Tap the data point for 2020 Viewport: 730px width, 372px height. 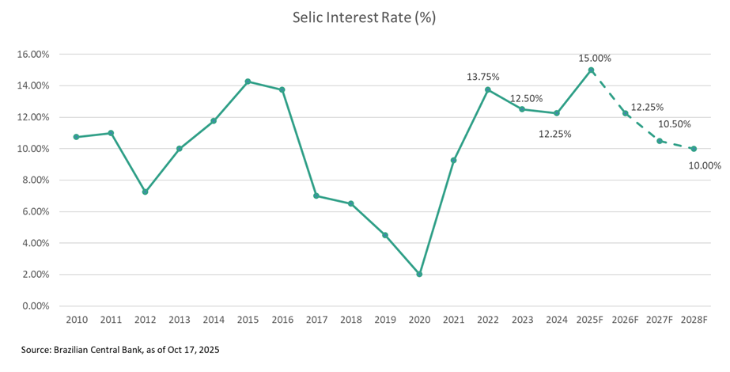[x=419, y=275]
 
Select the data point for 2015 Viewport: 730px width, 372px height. [x=248, y=82]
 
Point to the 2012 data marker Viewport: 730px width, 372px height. [x=146, y=192]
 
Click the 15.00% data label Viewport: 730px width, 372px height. [x=595, y=59]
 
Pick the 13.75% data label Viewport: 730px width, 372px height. [x=484, y=77]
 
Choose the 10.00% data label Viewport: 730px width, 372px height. [x=705, y=165]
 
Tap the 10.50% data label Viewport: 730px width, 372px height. [x=675, y=123]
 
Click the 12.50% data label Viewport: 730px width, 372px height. [x=526, y=99]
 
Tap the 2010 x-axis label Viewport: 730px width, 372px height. [x=77, y=321]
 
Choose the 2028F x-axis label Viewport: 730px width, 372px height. [x=694, y=321]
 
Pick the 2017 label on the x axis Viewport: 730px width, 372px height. [x=316, y=321]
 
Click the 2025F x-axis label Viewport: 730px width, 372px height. [x=591, y=321]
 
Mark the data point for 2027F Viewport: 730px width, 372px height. [x=660, y=141]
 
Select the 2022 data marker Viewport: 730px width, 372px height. [x=488, y=89]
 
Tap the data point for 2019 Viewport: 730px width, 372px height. [x=385, y=235]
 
